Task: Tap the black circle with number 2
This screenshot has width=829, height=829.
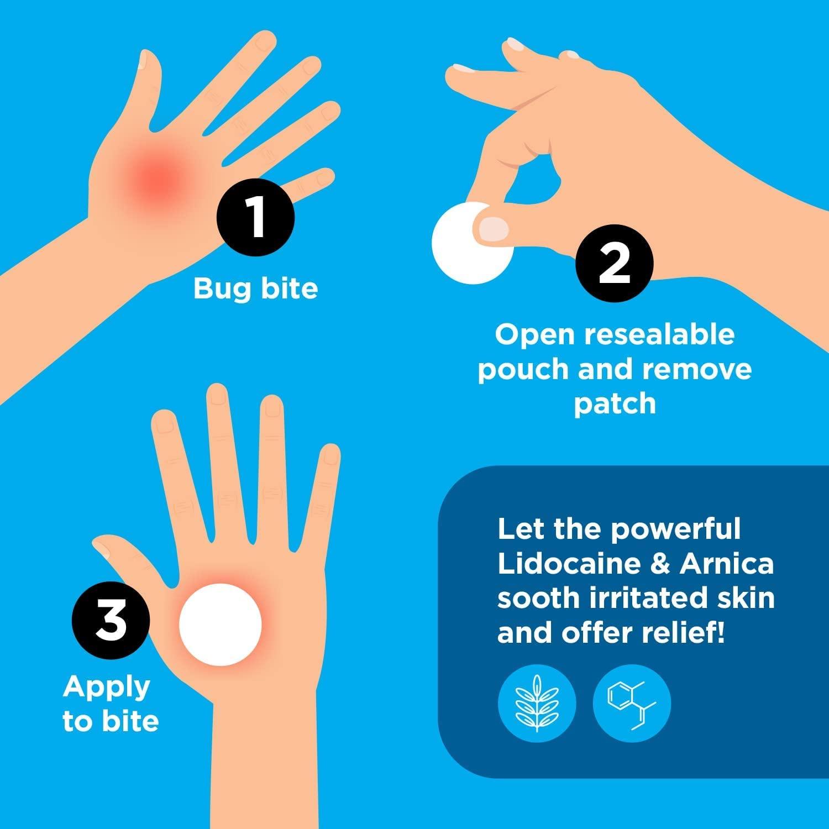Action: (x=614, y=263)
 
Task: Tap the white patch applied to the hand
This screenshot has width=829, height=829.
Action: (x=220, y=624)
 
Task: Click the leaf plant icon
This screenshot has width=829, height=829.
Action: (x=537, y=703)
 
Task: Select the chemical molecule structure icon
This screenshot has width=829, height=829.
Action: (x=631, y=703)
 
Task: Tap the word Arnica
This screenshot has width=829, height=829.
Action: (x=727, y=564)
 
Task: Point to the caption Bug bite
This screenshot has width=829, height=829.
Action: (x=255, y=288)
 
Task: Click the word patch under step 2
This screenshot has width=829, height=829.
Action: (x=614, y=405)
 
